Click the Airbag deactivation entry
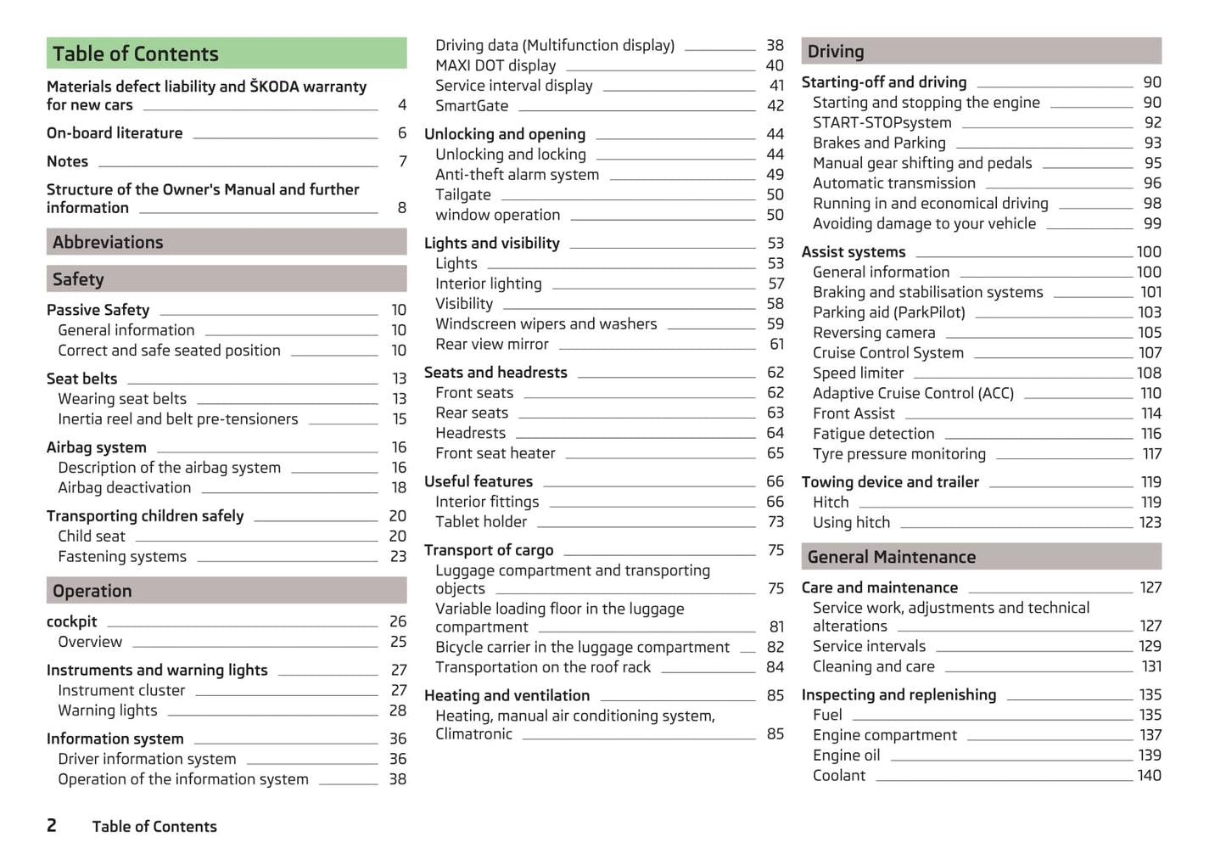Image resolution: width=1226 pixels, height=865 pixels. (x=125, y=488)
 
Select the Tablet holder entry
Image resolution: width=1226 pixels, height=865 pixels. (x=481, y=522)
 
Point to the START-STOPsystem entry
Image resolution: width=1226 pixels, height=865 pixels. (x=882, y=122)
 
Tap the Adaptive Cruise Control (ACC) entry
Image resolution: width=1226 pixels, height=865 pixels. (x=913, y=393)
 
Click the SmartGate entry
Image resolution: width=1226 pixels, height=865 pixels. (x=472, y=106)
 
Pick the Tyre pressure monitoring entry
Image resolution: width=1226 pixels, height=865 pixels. (x=899, y=454)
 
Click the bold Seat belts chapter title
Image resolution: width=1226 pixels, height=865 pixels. (x=82, y=379)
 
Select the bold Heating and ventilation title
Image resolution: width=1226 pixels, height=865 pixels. (x=507, y=695)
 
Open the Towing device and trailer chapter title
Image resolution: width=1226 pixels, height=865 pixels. (x=890, y=482)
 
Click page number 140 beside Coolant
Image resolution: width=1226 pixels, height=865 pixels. (x=1149, y=775)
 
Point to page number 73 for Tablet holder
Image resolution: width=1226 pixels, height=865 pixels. (x=775, y=522)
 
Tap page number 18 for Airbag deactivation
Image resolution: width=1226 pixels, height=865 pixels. (x=399, y=488)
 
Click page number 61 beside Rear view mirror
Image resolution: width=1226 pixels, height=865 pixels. (x=776, y=344)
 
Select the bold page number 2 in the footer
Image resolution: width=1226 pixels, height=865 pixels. (x=52, y=825)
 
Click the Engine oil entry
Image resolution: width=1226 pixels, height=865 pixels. (x=846, y=755)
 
